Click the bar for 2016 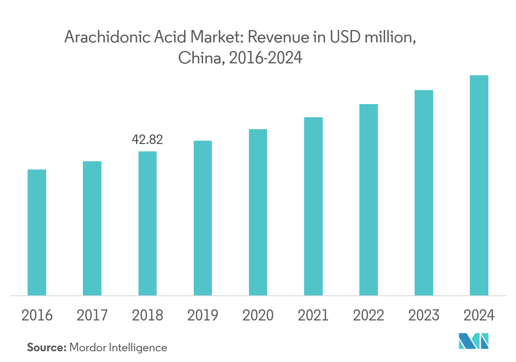click(37, 232)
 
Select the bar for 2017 click(92, 228)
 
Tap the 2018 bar click(147, 223)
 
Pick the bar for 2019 click(202, 218)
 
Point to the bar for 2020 click(258, 212)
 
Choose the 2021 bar click(313, 207)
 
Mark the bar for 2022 click(368, 200)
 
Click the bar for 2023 click(424, 193)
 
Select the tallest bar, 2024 click(479, 186)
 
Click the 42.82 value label click(147, 140)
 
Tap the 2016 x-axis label click(37, 316)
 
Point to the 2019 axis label click(202, 316)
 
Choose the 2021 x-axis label click(313, 316)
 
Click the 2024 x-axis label click(479, 316)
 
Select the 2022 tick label click(368, 316)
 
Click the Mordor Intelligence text click(118, 348)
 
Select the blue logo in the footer click(474, 341)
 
